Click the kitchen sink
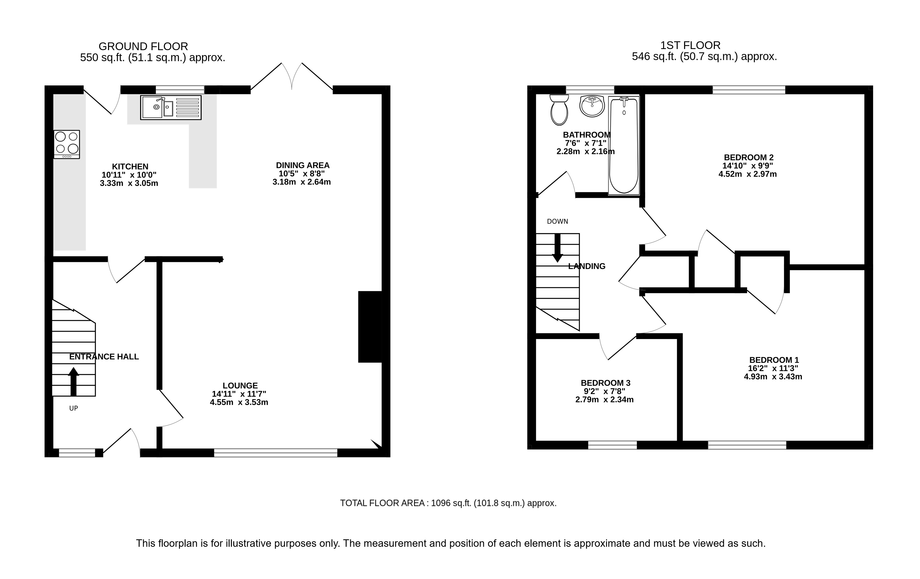tap(171, 107)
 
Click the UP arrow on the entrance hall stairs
tap(73, 382)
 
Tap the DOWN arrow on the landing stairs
tap(557, 248)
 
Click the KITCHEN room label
tap(130, 167)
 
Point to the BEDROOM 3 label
tap(605, 383)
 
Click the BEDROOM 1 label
tap(774, 360)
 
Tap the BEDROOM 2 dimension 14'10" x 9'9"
tap(748, 166)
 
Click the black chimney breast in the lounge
tap(370, 327)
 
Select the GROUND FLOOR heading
tap(143, 47)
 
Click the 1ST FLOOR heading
tap(690, 45)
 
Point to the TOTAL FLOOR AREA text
tap(448, 503)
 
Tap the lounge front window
tap(275, 453)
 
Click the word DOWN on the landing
tap(557, 221)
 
